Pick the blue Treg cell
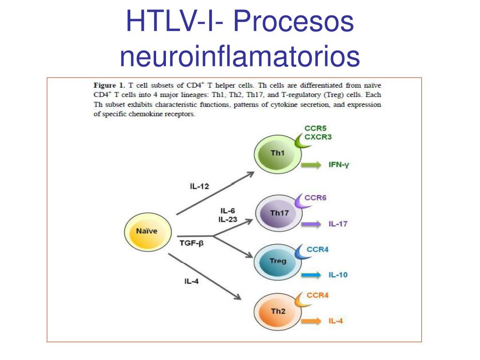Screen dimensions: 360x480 click(x=277, y=261)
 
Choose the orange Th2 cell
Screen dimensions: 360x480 click(x=277, y=311)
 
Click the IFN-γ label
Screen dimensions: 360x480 click(x=339, y=165)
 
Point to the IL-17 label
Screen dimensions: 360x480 click(x=338, y=224)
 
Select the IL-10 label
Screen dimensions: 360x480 click(x=338, y=275)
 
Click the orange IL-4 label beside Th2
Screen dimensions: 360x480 click(x=336, y=322)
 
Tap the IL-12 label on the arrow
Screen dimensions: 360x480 click(x=199, y=187)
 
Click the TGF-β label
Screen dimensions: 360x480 click(x=192, y=243)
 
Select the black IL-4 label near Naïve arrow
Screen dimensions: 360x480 click(x=192, y=282)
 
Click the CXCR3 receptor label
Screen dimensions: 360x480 click(x=321, y=137)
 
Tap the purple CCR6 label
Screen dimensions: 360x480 click(x=315, y=198)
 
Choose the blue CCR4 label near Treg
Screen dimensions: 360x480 click(x=317, y=249)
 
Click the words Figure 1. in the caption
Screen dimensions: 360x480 click(x=109, y=85)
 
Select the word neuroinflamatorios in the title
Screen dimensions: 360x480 click(x=240, y=56)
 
